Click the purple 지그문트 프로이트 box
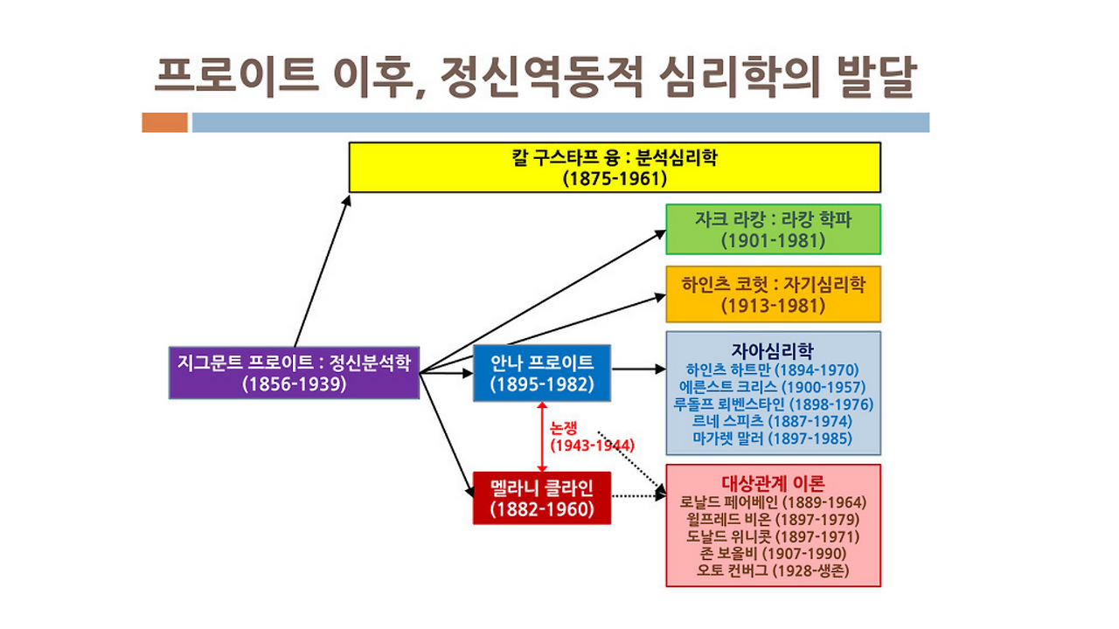click(x=294, y=373)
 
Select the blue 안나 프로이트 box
click(x=542, y=373)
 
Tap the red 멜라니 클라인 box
click(x=542, y=498)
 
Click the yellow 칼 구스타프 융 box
click(x=615, y=167)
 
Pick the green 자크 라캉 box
click(x=774, y=229)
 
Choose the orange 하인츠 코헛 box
click(x=774, y=294)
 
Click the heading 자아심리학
click(x=772, y=350)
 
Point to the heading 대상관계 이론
click(x=773, y=483)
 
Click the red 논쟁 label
click(x=564, y=428)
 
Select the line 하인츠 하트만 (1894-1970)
click(x=772, y=370)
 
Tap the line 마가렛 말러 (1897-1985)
click(x=772, y=439)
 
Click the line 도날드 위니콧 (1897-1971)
click(x=772, y=536)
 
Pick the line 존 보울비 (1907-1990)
click(x=773, y=554)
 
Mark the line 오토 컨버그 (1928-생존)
click(x=773, y=570)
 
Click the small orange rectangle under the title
click(x=165, y=122)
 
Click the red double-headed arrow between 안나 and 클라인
click(x=542, y=437)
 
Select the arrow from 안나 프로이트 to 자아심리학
click(x=639, y=370)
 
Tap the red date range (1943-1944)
click(x=593, y=445)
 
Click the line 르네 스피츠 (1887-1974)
click(x=772, y=421)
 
